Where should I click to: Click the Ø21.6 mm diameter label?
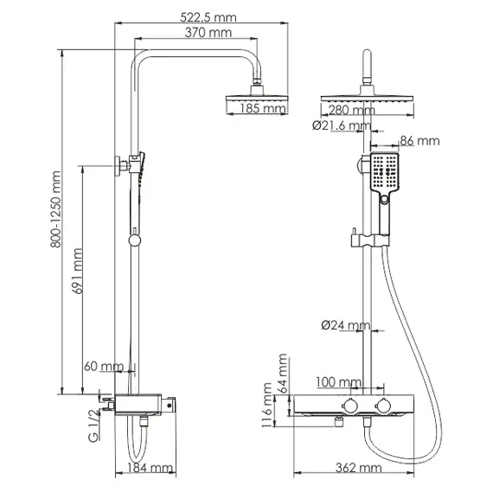343,127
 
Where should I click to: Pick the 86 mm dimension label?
420,140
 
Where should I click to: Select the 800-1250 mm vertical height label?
57,211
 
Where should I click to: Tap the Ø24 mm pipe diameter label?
344,326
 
